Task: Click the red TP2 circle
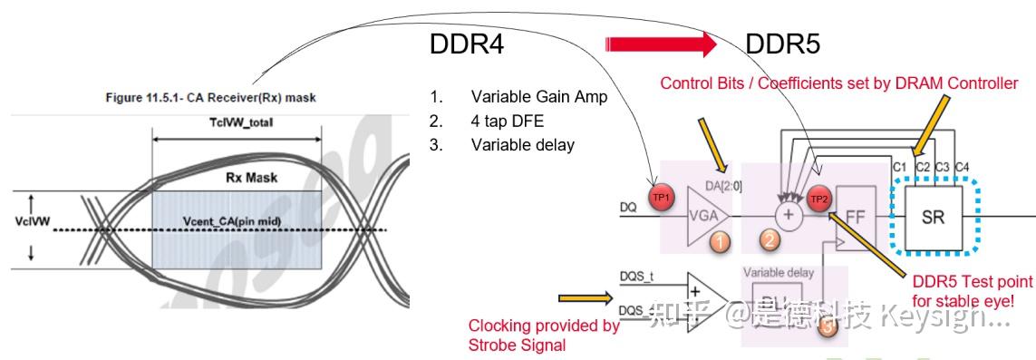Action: click(x=819, y=199)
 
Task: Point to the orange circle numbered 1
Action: click(x=719, y=242)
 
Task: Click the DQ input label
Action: click(x=627, y=206)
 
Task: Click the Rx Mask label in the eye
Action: click(x=251, y=179)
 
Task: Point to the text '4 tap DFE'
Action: click(x=512, y=121)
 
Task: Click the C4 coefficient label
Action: click(x=963, y=168)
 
